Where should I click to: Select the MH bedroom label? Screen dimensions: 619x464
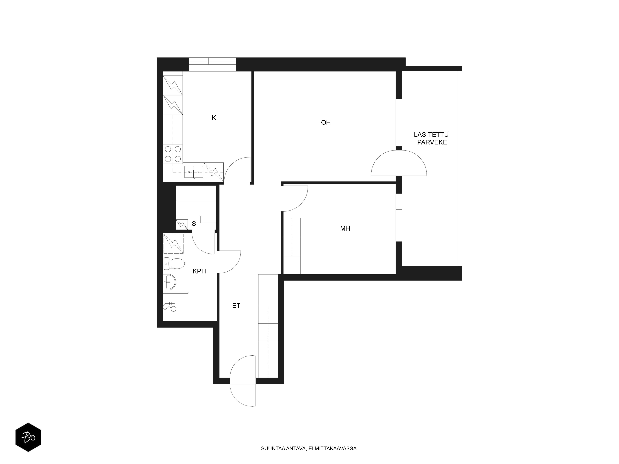point(345,228)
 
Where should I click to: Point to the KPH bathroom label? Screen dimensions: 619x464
point(199,271)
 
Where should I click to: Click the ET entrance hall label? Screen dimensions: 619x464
point(236,306)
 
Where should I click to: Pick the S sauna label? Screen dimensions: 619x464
point(194,224)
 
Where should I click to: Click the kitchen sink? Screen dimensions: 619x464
point(194,172)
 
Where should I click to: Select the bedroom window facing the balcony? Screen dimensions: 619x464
point(399,217)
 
